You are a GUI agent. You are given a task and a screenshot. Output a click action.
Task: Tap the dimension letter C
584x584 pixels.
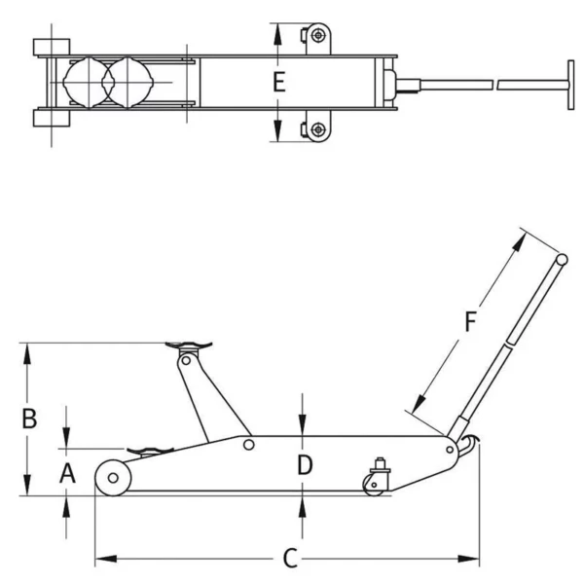(289, 559)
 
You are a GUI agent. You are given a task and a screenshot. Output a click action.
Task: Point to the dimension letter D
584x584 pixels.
(304, 465)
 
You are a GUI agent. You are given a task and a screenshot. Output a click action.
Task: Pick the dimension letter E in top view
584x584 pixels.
(278, 83)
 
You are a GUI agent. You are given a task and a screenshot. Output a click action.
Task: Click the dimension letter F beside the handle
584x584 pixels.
(470, 321)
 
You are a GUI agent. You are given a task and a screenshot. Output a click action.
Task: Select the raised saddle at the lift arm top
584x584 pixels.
(191, 345)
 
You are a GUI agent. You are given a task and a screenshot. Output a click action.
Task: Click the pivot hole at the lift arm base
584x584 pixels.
(249, 445)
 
